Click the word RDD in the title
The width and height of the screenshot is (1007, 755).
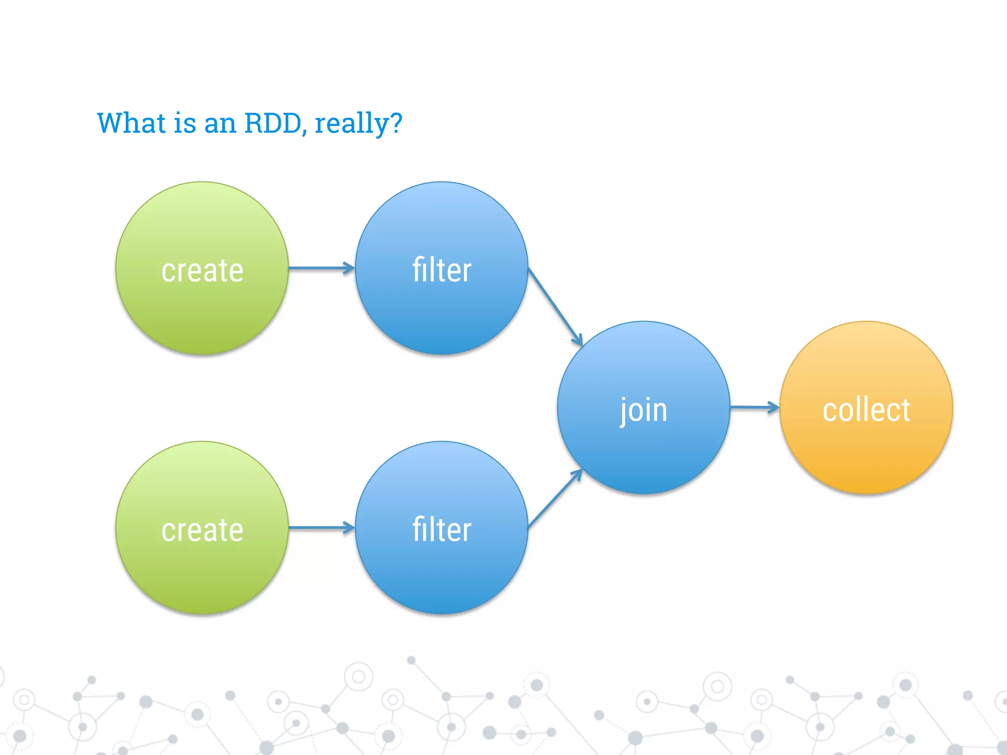[272, 123]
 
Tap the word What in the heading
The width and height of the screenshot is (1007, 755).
[131, 123]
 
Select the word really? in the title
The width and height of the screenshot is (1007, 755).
[358, 124]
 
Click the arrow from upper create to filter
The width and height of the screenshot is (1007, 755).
[321, 268]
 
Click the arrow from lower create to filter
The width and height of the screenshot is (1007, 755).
[321, 528]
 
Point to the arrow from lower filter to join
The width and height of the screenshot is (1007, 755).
[555, 498]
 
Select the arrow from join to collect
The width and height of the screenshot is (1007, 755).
[754, 407]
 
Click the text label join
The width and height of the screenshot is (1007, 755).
[644, 410]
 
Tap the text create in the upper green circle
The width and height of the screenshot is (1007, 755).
[202, 271]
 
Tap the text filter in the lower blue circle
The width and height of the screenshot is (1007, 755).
[442, 529]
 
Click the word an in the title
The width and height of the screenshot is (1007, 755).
[220, 124]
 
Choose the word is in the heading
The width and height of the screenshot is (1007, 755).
[184, 123]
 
